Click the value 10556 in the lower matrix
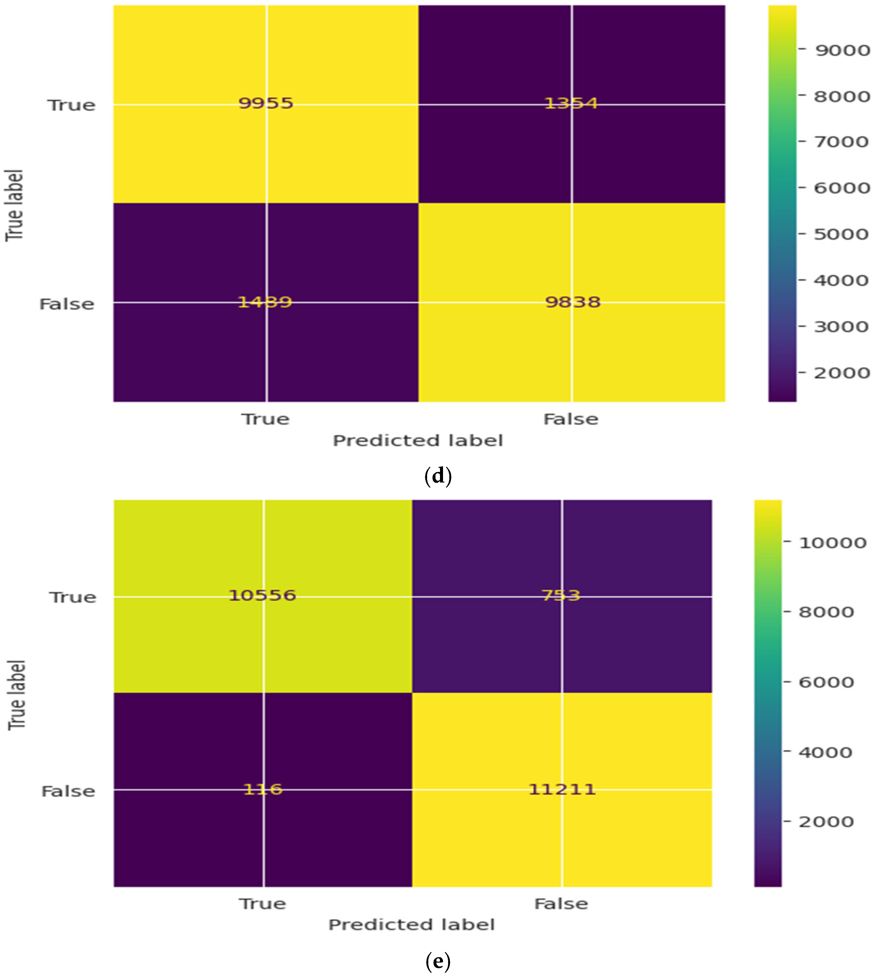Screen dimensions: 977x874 (262, 595)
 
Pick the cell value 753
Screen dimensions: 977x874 (561, 595)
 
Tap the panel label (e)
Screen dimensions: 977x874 (438, 961)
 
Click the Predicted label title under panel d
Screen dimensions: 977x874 (418, 440)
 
